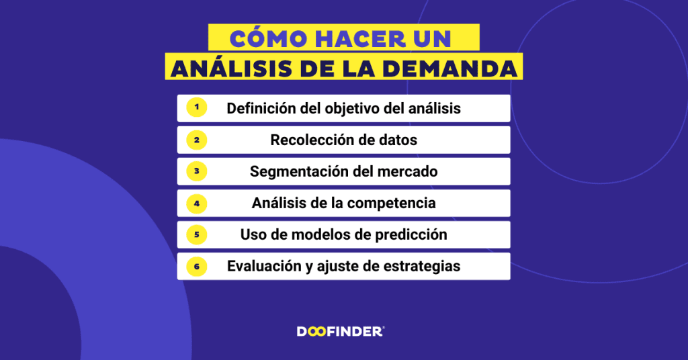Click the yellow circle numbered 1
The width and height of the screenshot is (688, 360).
[x=196, y=107]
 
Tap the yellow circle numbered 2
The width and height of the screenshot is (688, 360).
[x=196, y=140]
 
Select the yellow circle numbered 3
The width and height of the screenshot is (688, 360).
[x=196, y=171]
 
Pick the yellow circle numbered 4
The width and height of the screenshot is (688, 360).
[x=196, y=203]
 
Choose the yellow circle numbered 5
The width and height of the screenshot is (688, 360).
[x=196, y=234]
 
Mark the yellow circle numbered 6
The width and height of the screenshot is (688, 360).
[x=196, y=266]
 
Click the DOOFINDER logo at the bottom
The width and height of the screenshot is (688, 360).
[x=341, y=331]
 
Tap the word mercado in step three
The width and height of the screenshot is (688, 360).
[x=409, y=172]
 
